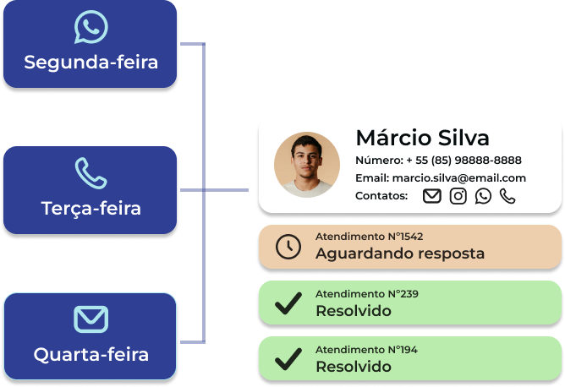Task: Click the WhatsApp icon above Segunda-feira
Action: pos(91,27)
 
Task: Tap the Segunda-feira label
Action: pos(91,63)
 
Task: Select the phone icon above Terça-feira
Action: pos(91,172)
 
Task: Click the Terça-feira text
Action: pos(91,207)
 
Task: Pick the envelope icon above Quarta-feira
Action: pos(91,319)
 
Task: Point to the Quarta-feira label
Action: pos(91,354)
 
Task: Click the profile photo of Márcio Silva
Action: pos(307,165)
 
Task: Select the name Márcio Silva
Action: pos(422,138)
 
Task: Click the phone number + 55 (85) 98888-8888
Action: pos(464,160)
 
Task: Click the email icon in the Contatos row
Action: pos(432,196)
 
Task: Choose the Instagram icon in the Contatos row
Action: pos(458,196)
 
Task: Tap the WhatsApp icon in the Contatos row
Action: pos(483,196)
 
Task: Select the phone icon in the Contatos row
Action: pos(507,196)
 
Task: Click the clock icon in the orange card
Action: pos(288,246)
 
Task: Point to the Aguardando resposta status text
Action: pos(399,253)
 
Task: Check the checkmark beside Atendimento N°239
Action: pos(288,303)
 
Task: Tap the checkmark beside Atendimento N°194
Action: pos(288,359)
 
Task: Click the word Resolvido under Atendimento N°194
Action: pos(353,367)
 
